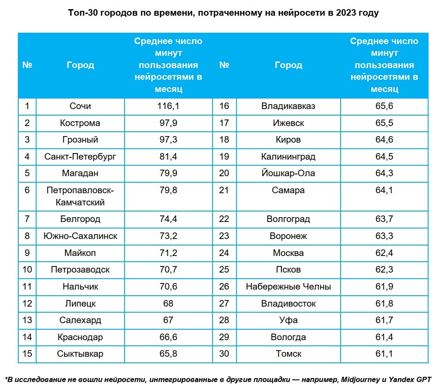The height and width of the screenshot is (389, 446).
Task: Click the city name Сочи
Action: pyautogui.click(x=80, y=106)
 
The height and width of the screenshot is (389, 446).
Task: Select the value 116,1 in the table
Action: pyautogui.click(x=168, y=106)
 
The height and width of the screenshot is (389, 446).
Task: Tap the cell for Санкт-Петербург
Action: pyautogui.click(x=80, y=156)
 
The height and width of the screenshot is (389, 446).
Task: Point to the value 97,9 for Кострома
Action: pyautogui.click(x=168, y=123)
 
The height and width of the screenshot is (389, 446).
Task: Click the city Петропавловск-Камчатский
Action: pyautogui.click(x=80, y=196)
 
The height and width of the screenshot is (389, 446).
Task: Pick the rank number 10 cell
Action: pyautogui.click(x=27, y=270)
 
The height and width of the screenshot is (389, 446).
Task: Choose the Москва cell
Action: pyautogui.click(x=288, y=253)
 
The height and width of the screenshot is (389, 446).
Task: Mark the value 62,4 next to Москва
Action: pyautogui.click(x=384, y=253)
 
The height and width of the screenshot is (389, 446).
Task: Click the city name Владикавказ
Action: pyautogui.click(x=288, y=106)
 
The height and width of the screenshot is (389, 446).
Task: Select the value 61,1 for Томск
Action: pyautogui.click(x=384, y=354)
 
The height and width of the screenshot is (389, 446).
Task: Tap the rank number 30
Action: pyautogui.click(x=224, y=354)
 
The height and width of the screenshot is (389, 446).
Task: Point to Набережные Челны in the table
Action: pyautogui.click(x=288, y=287)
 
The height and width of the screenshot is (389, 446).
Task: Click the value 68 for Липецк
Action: pyautogui.click(x=168, y=303)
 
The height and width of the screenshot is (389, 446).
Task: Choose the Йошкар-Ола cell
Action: pyautogui.click(x=288, y=173)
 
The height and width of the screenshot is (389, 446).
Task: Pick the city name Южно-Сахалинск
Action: pyautogui.click(x=80, y=236)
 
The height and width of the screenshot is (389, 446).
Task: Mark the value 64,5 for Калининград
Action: pyautogui.click(x=384, y=156)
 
